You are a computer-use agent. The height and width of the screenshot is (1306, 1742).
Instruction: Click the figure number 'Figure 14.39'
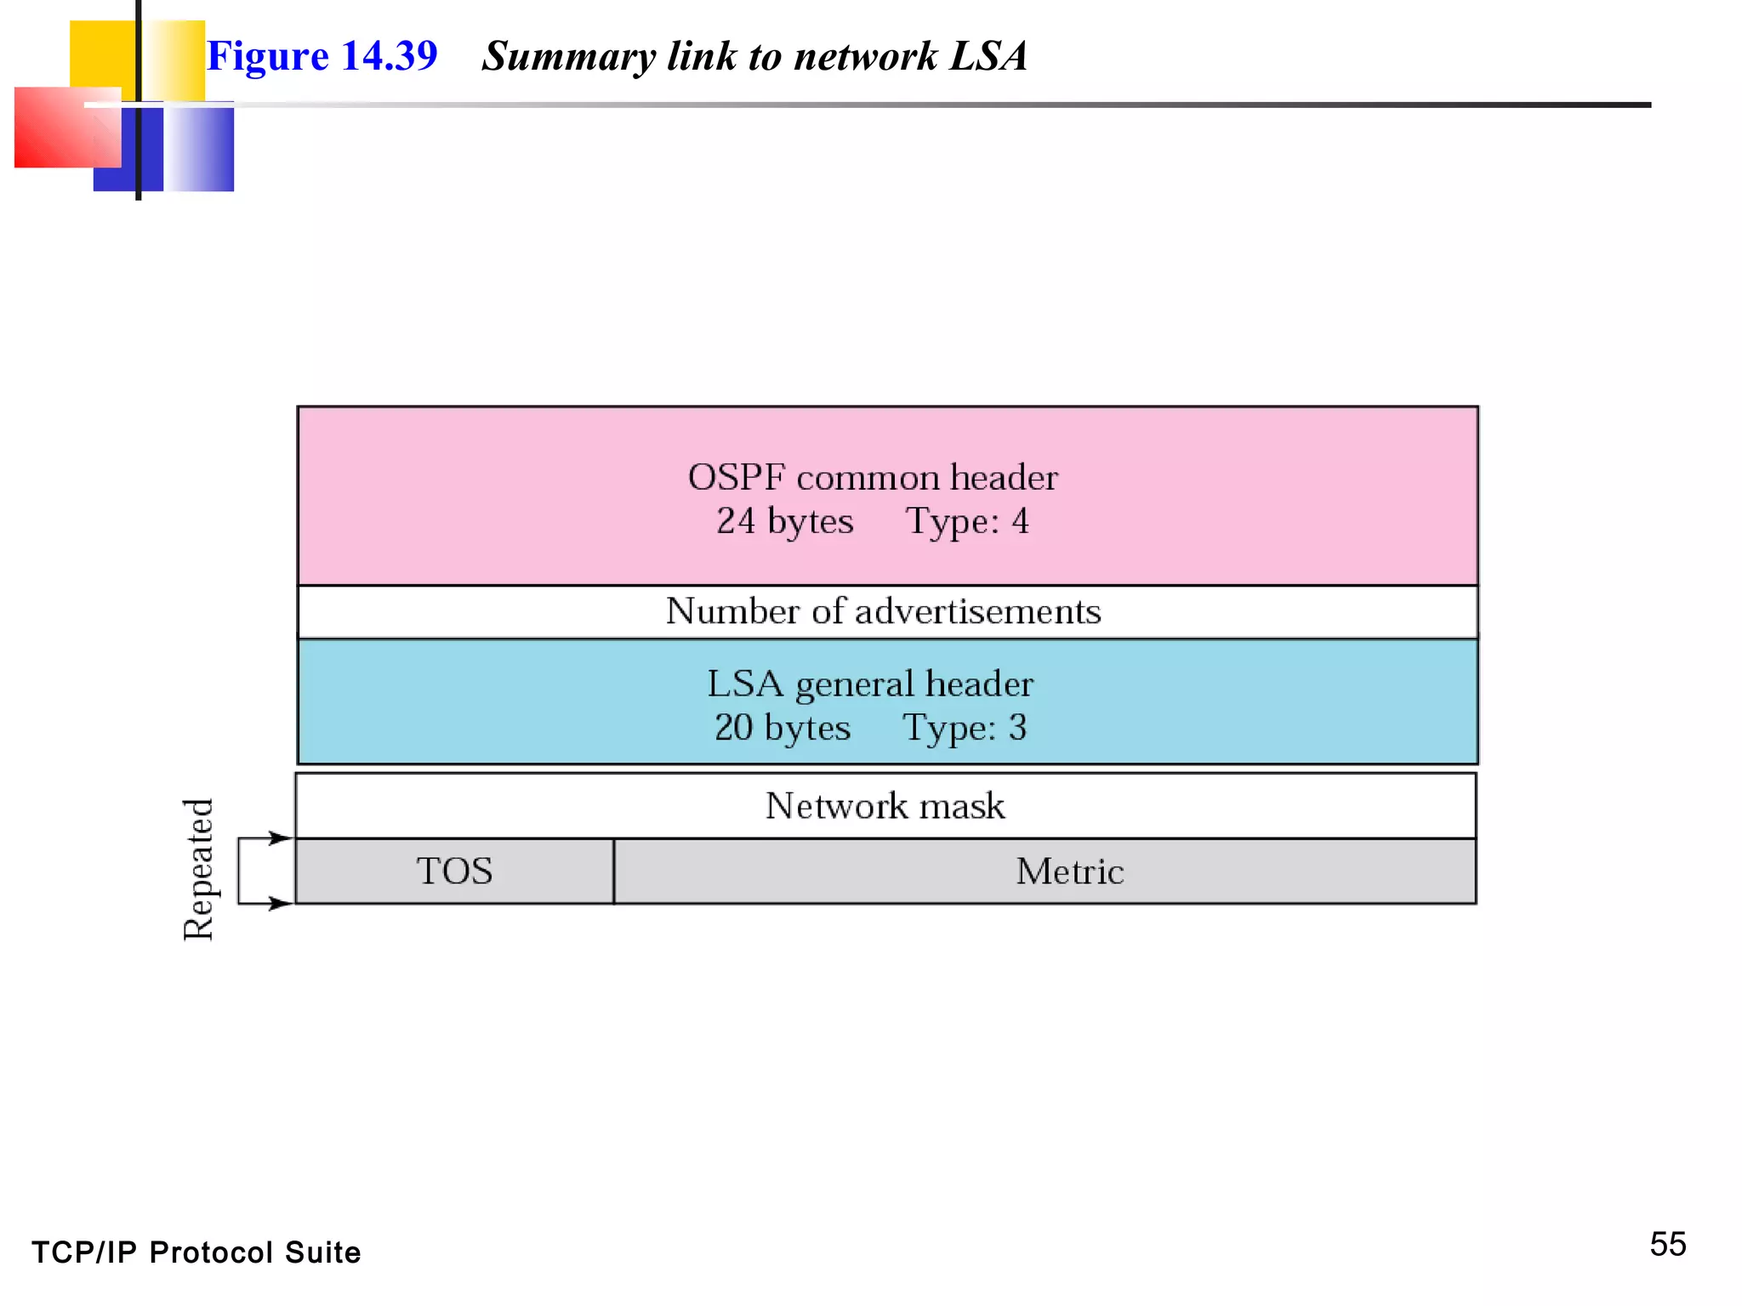[322, 56]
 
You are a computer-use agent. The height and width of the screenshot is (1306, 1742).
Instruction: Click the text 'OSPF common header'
[873, 478]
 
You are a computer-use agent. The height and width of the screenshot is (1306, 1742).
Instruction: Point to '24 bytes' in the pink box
[784, 521]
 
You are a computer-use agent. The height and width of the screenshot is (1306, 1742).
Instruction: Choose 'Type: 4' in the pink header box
[967, 521]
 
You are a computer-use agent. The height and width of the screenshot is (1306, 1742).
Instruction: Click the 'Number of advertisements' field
[883, 611]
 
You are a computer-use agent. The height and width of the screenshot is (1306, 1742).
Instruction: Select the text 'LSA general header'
[870, 684]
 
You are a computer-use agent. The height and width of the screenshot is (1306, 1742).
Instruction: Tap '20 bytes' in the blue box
[782, 728]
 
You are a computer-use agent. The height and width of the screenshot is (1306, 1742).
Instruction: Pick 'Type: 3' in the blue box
[965, 728]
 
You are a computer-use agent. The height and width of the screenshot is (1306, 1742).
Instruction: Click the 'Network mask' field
[885, 806]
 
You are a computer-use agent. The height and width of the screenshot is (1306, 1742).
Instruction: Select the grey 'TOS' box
[454, 872]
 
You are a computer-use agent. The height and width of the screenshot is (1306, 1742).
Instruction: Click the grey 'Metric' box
[1069, 872]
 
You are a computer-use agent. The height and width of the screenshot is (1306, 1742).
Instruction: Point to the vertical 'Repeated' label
[198, 869]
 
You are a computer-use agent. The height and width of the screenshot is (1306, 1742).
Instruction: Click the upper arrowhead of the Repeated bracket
[281, 838]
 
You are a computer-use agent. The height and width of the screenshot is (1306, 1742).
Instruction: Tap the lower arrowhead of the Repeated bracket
[281, 903]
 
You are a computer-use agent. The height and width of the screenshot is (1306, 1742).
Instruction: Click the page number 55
[1667, 1245]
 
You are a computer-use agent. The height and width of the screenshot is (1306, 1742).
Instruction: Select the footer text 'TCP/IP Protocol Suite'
[196, 1252]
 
